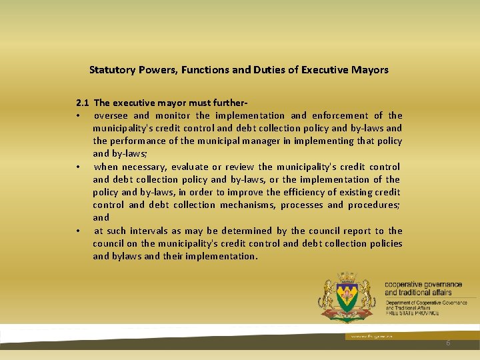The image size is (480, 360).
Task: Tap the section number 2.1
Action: [x=83, y=103]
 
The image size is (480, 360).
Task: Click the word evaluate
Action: [x=190, y=167]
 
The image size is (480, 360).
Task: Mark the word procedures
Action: [x=375, y=205]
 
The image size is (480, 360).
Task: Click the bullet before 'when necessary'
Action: [x=78, y=167]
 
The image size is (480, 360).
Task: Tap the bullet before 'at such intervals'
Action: [x=78, y=231]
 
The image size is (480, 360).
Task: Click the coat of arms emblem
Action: [x=347, y=297]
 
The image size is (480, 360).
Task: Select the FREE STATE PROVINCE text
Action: [x=411, y=313]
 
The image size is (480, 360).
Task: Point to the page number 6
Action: [x=448, y=342]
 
